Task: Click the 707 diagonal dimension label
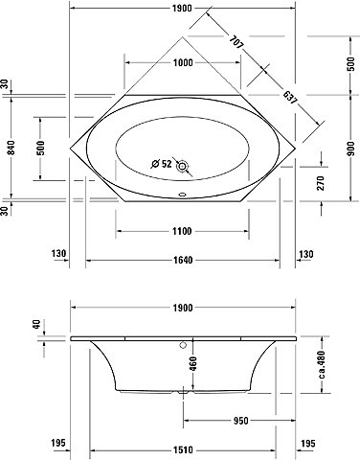click(x=236, y=42)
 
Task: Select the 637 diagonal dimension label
click(x=290, y=98)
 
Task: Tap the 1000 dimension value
click(x=183, y=62)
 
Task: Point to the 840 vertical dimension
click(x=11, y=148)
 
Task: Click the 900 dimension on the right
click(x=350, y=148)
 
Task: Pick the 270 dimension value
click(x=321, y=183)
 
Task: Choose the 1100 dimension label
click(x=182, y=231)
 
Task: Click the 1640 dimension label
click(x=183, y=260)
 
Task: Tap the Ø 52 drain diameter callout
click(x=162, y=164)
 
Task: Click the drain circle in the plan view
click(x=183, y=166)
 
